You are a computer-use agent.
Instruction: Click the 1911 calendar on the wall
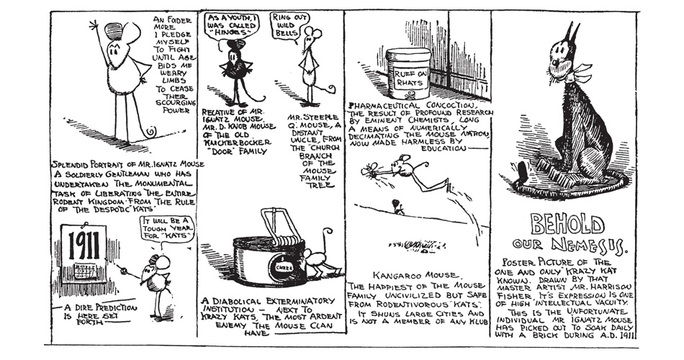click(82, 253)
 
